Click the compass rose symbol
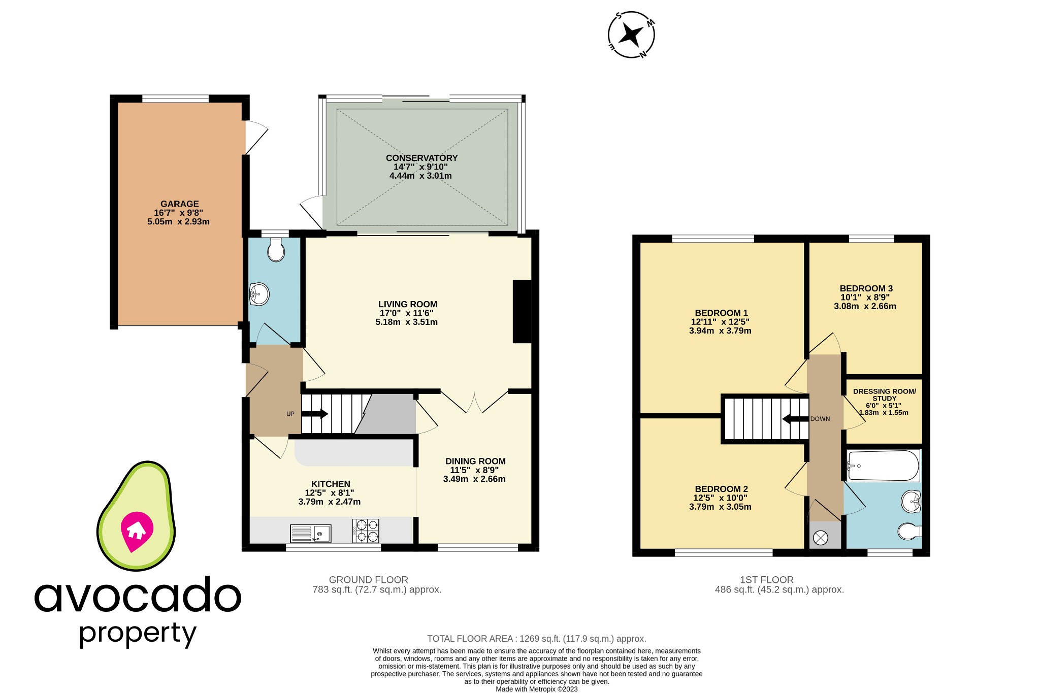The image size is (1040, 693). (x=631, y=35)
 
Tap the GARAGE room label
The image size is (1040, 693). (x=179, y=204)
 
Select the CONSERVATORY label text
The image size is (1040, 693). (x=421, y=158)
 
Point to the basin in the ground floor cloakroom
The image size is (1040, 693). (x=259, y=293)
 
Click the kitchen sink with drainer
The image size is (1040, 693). (x=310, y=534)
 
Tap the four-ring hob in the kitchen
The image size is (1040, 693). (x=366, y=531)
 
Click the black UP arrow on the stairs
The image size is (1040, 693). (x=314, y=414)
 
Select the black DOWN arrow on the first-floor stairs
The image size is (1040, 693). (x=795, y=419)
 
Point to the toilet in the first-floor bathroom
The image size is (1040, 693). (x=909, y=532)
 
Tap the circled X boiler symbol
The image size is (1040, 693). (x=821, y=537)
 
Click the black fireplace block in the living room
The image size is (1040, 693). (x=522, y=311)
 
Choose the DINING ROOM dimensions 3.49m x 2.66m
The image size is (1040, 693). (x=474, y=479)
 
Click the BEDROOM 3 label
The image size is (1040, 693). (x=866, y=288)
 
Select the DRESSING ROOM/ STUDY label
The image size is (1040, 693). (x=884, y=394)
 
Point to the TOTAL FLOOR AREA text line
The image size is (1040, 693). (x=536, y=639)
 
